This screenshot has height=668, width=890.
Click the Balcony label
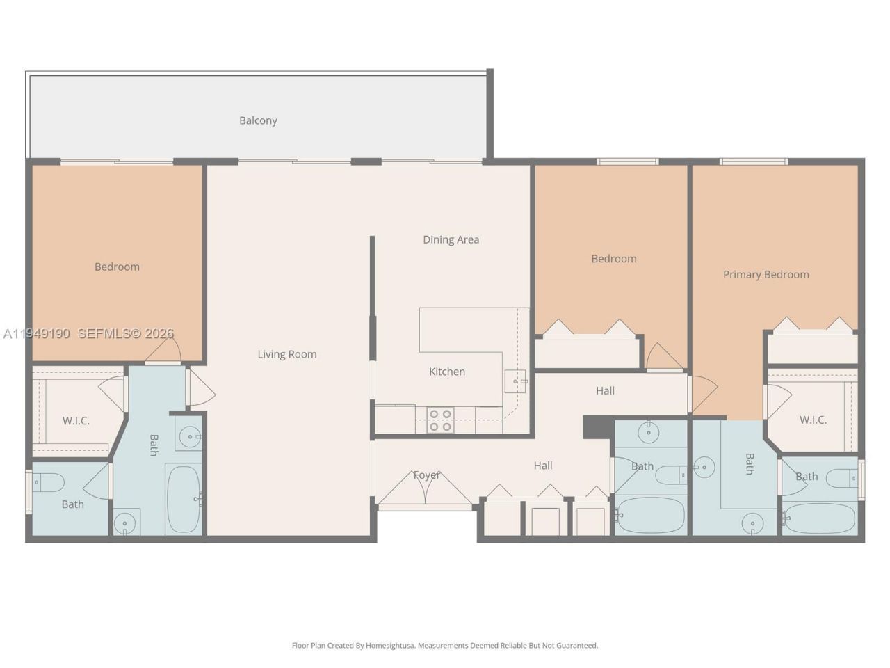tap(258, 120)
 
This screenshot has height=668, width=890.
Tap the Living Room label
tap(286, 354)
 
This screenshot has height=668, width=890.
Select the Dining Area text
tap(451, 239)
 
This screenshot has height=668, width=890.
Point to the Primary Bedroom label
tap(766, 274)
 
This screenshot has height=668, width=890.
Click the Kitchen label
tap(446, 372)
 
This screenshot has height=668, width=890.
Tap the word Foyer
tap(426, 475)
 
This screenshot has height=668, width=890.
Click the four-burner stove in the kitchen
tap(440, 420)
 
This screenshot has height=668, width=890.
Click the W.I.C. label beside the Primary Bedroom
tap(812, 420)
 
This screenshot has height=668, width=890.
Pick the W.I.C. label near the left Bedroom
tap(76, 420)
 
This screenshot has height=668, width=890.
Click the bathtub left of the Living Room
tap(184, 499)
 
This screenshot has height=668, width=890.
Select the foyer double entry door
tap(426, 488)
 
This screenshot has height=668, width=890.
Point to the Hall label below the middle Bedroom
tap(605, 390)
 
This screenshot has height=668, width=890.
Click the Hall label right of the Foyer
tap(543, 466)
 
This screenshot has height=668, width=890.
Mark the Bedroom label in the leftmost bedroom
tap(117, 267)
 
